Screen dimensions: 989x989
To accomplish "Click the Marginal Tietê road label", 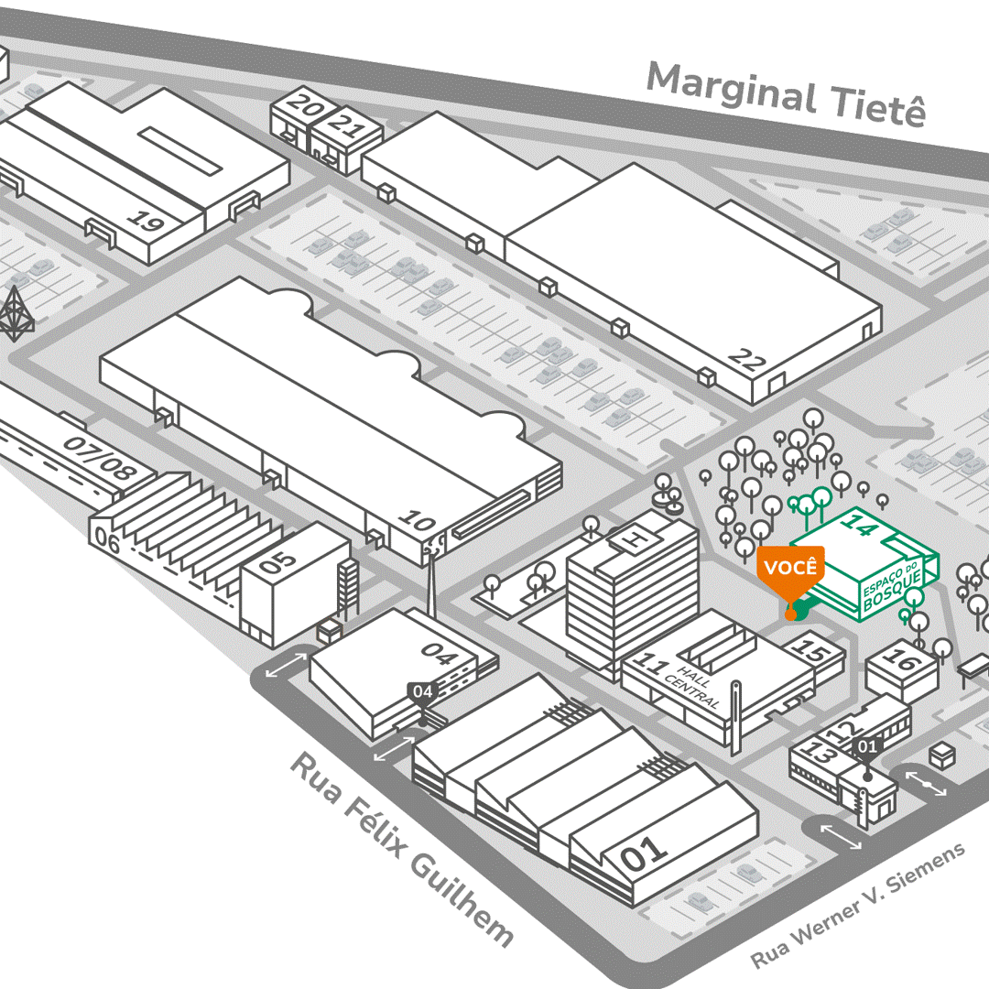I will click(786, 95).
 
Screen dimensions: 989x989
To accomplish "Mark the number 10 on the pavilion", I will click(418, 525).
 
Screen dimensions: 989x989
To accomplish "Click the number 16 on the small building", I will click(902, 659).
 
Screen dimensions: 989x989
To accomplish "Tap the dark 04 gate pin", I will click(421, 692).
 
